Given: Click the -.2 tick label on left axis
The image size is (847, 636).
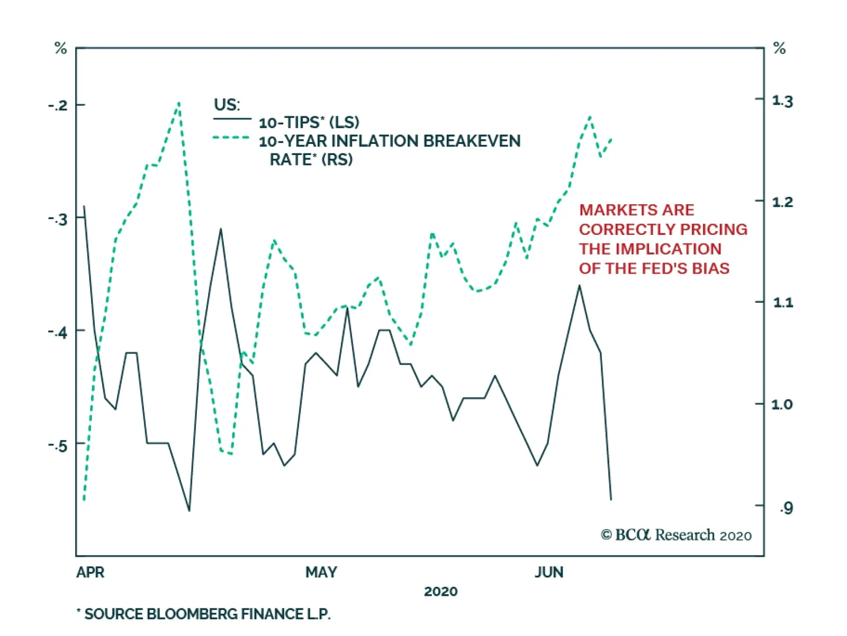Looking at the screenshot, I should pyautogui.click(x=58, y=105).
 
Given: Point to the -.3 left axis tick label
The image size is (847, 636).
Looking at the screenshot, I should pyautogui.click(x=58, y=219).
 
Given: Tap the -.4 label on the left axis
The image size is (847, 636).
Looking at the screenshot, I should pyautogui.click(x=58, y=332).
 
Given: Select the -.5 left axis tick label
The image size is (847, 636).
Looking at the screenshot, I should pyautogui.click(x=58, y=446).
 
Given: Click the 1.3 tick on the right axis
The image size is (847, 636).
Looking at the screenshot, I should pyautogui.click(x=782, y=101).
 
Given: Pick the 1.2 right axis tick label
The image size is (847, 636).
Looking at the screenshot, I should pyautogui.click(x=782, y=202).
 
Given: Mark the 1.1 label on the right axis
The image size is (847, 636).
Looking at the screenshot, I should pyautogui.click(x=782, y=303).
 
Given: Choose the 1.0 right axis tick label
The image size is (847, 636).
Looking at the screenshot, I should pyautogui.click(x=782, y=404).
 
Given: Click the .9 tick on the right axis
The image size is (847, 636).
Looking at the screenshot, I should pyautogui.click(x=786, y=508).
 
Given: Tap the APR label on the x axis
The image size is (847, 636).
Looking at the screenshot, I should pyautogui.click(x=91, y=573).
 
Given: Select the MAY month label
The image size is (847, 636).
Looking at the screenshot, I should pyautogui.click(x=321, y=573).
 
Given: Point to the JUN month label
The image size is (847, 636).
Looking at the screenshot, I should pyautogui.click(x=549, y=573).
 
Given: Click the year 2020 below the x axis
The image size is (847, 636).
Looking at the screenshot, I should pyautogui.click(x=440, y=592).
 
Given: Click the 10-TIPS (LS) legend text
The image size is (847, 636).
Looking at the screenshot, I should pyautogui.click(x=309, y=123).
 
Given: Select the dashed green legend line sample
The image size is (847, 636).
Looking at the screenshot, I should pyautogui.click(x=231, y=138).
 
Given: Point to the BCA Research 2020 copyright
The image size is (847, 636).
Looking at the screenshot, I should pyautogui.click(x=676, y=535).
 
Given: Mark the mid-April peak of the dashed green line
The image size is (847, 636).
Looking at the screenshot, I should pyautogui.click(x=179, y=103).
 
